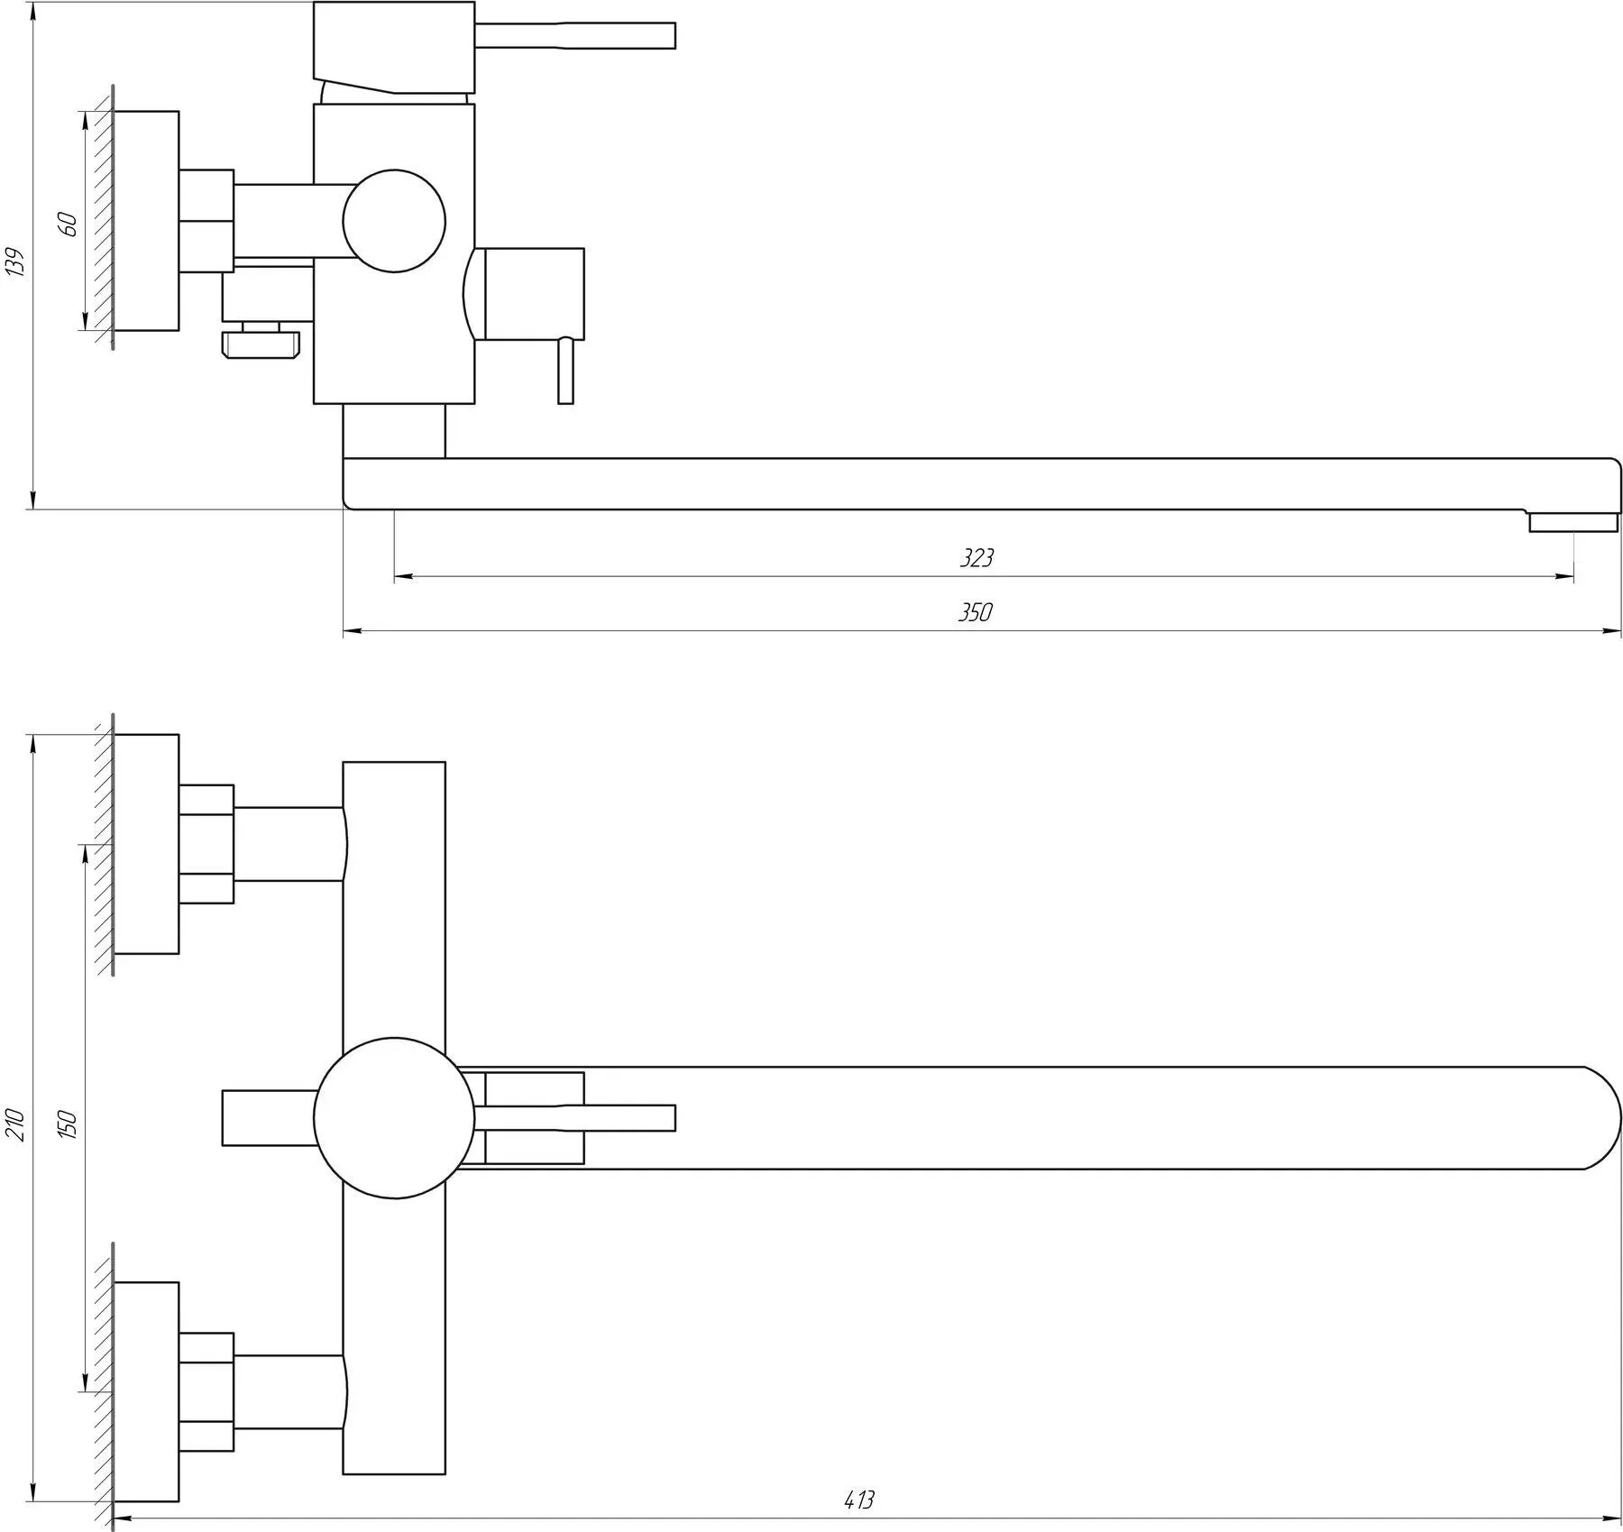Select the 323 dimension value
[976, 558]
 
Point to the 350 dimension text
[975, 612]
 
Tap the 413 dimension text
[859, 1500]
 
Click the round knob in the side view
[394, 221]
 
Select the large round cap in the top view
[394, 1118]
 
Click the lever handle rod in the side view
[574, 35]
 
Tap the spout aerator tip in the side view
[1572, 521]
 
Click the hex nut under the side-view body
[261, 344]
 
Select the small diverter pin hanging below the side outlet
[565, 371]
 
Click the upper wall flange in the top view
[146, 844]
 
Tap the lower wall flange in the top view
[146, 1391]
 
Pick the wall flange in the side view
[146, 221]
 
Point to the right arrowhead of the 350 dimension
[1613, 632]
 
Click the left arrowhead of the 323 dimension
[404, 576]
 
